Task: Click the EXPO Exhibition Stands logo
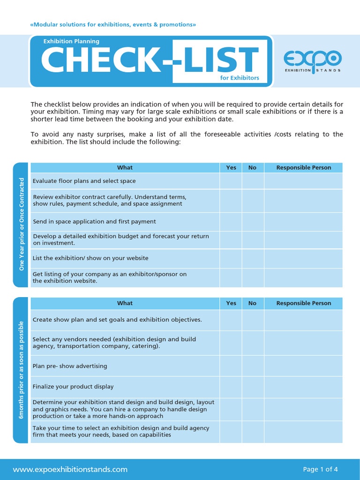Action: (x=313, y=61)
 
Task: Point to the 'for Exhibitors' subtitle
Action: (x=240, y=78)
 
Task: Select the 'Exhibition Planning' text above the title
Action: (x=71, y=41)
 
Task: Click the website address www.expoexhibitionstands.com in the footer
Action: (x=70, y=469)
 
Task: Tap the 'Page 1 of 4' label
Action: (x=320, y=469)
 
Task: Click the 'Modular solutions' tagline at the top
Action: (x=113, y=24)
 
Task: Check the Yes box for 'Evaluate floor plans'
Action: (x=231, y=181)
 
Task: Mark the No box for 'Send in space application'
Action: (x=253, y=222)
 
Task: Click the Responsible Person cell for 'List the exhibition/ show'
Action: (x=303, y=258)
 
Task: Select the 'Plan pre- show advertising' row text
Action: (x=70, y=366)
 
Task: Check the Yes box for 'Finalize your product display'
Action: (x=231, y=387)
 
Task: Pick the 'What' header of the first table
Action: (x=125, y=168)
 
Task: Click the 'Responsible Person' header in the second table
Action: (x=303, y=303)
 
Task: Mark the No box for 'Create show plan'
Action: (x=253, y=320)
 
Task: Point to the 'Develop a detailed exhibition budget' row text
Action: (x=121, y=240)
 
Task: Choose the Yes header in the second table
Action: (x=231, y=303)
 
